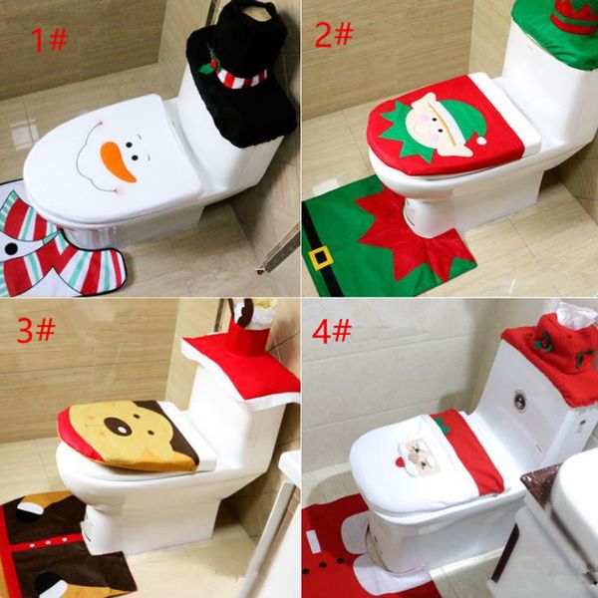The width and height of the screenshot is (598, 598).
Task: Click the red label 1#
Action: [48, 40]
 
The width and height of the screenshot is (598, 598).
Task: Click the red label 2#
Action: [333, 35]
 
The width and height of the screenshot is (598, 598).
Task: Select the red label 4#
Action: [332, 331]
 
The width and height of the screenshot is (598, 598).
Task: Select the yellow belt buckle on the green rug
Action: [321, 258]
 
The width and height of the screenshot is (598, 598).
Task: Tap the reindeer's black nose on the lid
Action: [117, 427]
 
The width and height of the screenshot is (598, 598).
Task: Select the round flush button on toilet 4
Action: [519, 402]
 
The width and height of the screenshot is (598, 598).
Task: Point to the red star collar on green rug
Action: [399, 234]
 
